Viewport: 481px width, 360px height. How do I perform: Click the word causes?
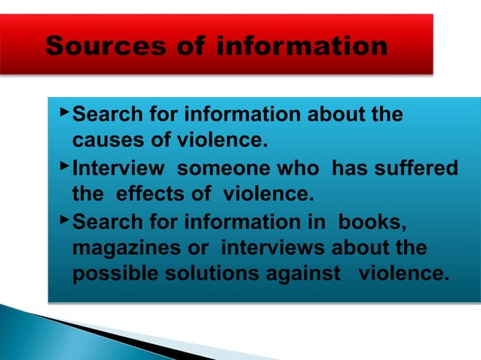[x=106, y=141]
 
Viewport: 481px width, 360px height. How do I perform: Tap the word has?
[x=350, y=169]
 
